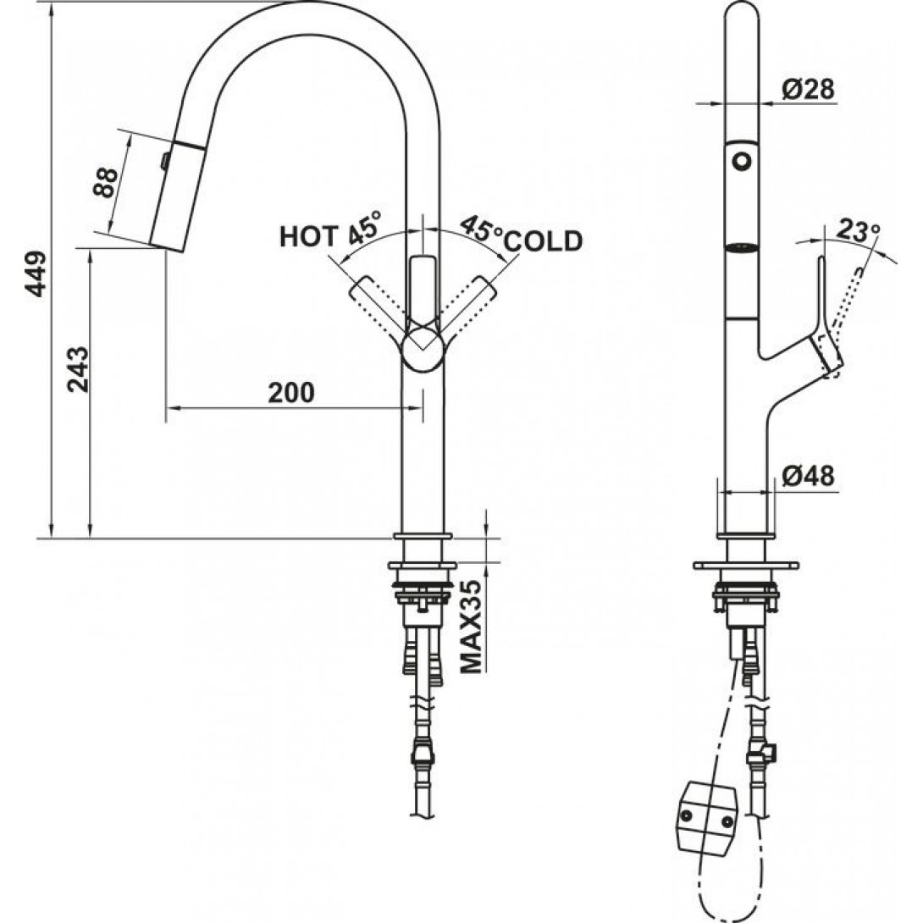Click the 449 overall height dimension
[x=36, y=274]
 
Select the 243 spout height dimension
[x=78, y=370]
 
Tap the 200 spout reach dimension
[x=291, y=393]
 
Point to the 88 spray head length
[x=105, y=182]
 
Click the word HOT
[x=309, y=236]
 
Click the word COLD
[x=544, y=240]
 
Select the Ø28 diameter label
[x=808, y=89]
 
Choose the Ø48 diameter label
[x=808, y=476]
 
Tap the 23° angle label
[x=859, y=230]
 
